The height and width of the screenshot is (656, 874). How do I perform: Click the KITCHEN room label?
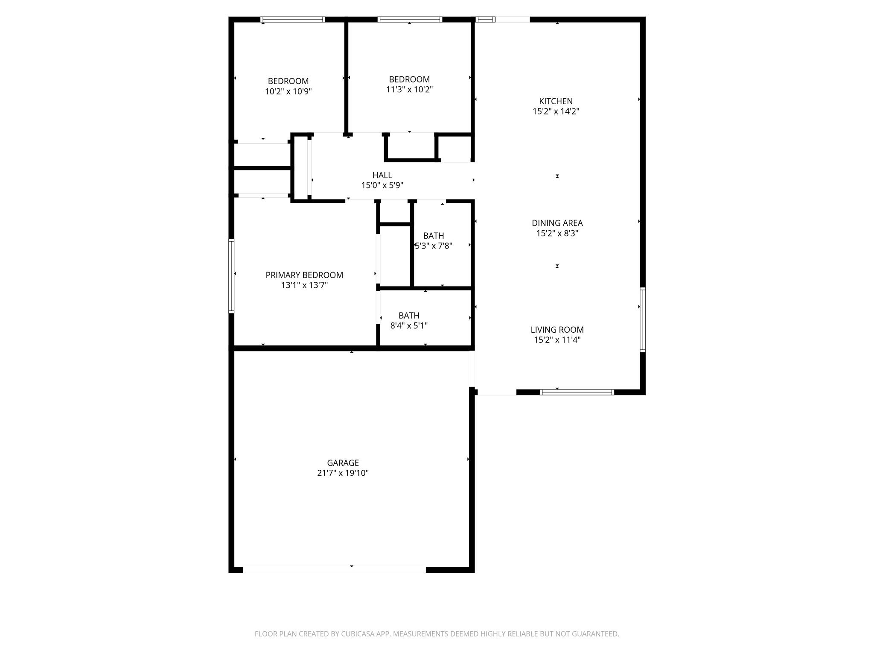click(x=556, y=101)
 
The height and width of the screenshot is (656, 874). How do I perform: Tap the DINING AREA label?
click(x=557, y=223)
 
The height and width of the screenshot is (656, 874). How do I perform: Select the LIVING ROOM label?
click(x=557, y=330)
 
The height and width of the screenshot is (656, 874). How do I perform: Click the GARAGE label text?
click(x=343, y=463)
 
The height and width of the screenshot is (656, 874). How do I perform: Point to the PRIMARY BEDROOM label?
click(x=304, y=275)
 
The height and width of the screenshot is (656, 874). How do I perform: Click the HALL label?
click(x=382, y=175)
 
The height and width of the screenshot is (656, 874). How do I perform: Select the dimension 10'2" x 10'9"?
click(x=288, y=91)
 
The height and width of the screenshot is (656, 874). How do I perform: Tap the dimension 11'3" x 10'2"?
click(x=409, y=90)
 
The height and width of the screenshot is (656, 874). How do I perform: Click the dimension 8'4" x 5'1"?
click(x=409, y=326)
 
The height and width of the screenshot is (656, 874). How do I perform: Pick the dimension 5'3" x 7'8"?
click(x=434, y=246)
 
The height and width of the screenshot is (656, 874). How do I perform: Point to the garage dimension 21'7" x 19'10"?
click(x=343, y=473)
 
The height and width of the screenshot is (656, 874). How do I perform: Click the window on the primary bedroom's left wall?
click(x=231, y=276)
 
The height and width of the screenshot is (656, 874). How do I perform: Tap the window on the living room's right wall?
click(x=642, y=319)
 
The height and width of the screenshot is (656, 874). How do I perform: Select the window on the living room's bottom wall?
click(x=577, y=392)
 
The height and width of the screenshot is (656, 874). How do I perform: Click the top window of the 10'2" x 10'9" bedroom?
click(x=292, y=19)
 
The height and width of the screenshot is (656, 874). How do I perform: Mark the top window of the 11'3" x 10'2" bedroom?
click(x=410, y=19)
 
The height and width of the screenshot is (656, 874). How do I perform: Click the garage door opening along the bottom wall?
click(x=334, y=570)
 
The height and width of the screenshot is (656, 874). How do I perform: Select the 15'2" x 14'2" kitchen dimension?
click(x=556, y=111)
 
